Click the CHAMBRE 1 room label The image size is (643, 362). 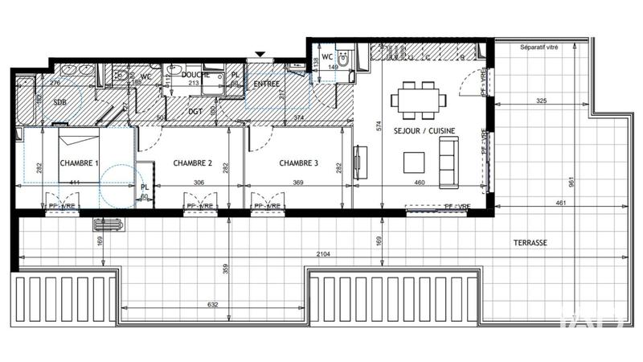click(x=79, y=163)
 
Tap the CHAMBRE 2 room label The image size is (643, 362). click(x=193, y=163)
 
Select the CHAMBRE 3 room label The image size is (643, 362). click(x=299, y=163)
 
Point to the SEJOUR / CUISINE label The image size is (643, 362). click(x=422, y=130)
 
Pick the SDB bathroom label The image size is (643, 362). click(x=60, y=103)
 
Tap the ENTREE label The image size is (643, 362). click(x=267, y=84)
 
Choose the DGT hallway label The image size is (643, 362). click(x=195, y=112)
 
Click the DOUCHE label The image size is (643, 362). click(x=196, y=75)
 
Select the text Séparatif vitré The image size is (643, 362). click(x=539, y=48)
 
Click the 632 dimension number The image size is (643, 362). click(x=213, y=304)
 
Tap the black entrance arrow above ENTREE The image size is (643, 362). click(x=259, y=55)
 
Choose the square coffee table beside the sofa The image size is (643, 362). click(x=415, y=162)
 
